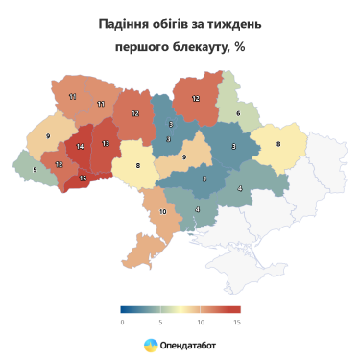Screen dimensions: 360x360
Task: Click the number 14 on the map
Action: (80, 147)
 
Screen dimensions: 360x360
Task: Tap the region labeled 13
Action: (105, 144)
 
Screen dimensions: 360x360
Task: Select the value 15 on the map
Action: (84, 178)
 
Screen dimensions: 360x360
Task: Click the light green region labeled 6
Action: (238, 113)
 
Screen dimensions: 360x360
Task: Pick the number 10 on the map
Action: (163, 211)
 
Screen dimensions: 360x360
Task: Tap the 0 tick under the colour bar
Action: (123, 322)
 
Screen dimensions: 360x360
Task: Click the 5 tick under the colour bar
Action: (161, 322)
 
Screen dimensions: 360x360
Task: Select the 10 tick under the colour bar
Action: (199, 322)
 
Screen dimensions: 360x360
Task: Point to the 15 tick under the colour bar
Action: (236, 322)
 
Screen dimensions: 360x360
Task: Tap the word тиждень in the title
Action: (231, 23)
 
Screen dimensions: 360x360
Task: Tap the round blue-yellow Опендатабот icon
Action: (151, 344)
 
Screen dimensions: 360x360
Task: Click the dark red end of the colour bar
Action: (235, 309)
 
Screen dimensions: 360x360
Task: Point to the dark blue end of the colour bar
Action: (125, 309)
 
